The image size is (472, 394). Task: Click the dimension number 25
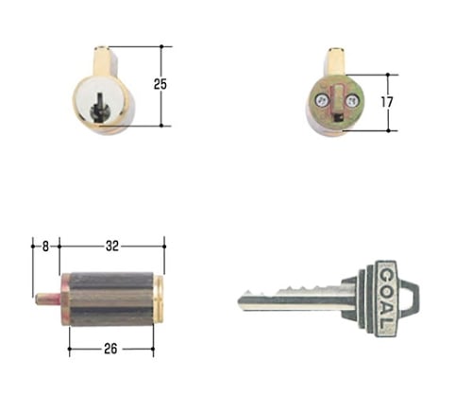[x=160, y=84]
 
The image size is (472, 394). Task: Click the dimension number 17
[x=387, y=102]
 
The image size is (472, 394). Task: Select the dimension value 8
[x=45, y=247]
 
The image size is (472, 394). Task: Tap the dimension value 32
[x=112, y=246]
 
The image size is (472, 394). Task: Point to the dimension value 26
[x=110, y=349]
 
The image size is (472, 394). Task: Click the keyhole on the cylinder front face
[x=98, y=108]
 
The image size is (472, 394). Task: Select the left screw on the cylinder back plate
[x=322, y=101]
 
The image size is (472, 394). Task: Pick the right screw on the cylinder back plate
[x=351, y=101]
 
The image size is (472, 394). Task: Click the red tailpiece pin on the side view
[x=48, y=300]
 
